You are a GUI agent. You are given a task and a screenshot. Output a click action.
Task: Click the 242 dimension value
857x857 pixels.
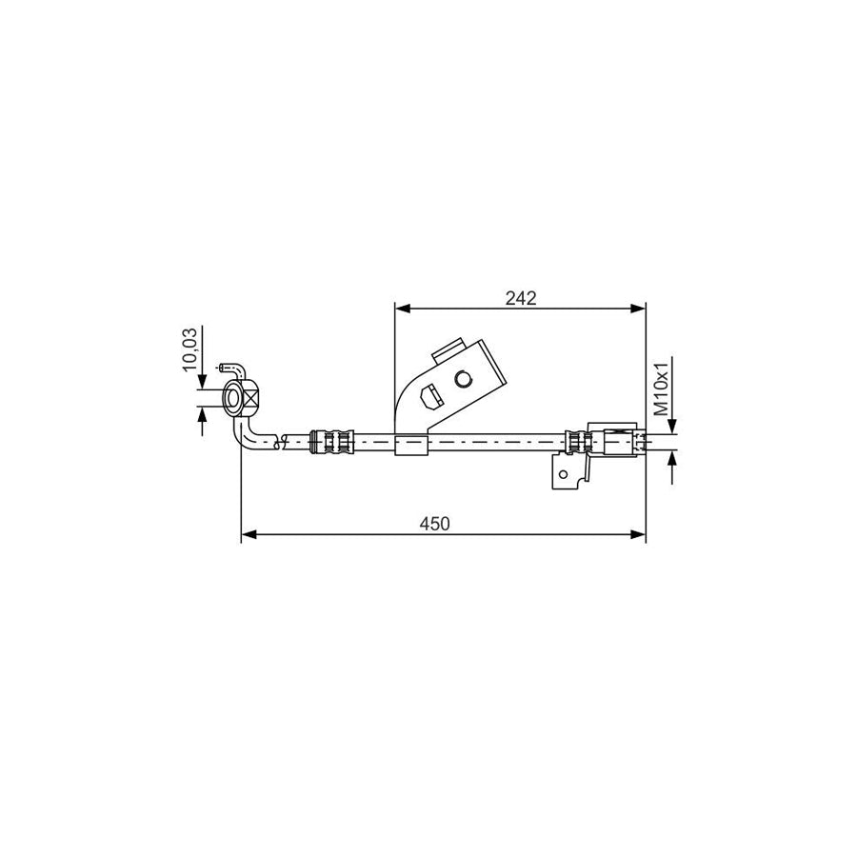click(x=521, y=298)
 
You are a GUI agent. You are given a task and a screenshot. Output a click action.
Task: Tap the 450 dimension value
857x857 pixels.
click(x=434, y=524)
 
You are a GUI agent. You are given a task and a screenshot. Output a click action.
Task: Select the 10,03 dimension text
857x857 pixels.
click(x=189, y=349)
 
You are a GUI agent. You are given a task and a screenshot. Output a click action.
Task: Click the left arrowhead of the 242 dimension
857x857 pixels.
click(x=402, y=309)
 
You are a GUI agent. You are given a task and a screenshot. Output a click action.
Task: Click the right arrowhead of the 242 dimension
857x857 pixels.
click(x=638, y=309)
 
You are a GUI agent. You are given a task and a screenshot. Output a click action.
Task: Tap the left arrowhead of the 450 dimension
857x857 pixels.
click(x=249, y=534)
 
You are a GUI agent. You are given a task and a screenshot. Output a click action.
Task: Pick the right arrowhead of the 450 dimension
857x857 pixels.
click(x=638, y=534)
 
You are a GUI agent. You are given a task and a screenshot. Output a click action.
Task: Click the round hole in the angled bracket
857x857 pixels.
click(x=463, y=378)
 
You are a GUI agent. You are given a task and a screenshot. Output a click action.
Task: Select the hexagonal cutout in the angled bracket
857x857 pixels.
click(x=430, y=396)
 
